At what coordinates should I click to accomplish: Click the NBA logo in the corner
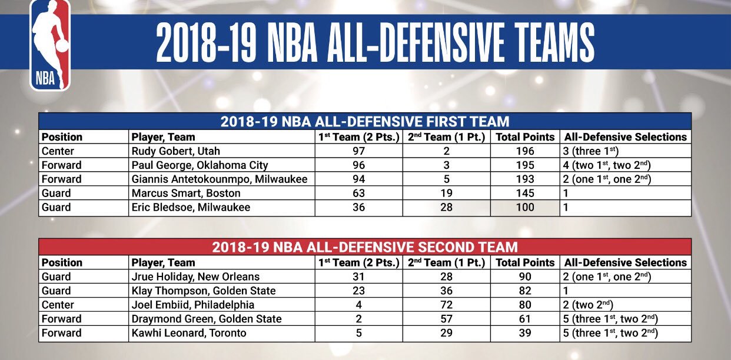pos(51,45)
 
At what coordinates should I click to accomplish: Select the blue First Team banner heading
pos(365,122)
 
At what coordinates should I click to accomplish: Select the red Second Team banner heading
pos(365,247)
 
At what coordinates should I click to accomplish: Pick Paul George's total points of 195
pos(524,165)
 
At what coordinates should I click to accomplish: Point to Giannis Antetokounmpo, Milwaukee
pos(220,179)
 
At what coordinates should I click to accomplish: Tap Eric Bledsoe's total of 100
pos(524,207)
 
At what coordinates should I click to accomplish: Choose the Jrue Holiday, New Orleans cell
pos(195,276)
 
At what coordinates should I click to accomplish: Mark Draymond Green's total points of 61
pos(524,319)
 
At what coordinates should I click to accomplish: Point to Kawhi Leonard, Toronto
pos(189,333)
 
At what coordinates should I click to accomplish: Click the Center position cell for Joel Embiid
pos(57,305)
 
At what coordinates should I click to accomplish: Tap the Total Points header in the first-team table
pos(524,136)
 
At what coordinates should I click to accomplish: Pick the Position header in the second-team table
pos(62,262)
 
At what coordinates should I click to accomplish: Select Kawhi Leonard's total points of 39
pos(524,333)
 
